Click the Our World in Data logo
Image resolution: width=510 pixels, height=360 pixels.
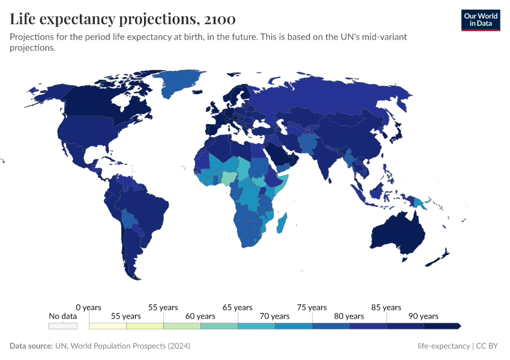tap(480, 20)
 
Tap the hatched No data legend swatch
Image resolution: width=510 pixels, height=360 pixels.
tap(63, 326)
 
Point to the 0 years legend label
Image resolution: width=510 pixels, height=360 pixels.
tap(89, 308)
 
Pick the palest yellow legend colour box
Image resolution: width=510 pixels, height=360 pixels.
tap(108, 326)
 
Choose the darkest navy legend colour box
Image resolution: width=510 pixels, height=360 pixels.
tap(442, 326)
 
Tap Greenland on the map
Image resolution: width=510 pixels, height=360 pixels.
tap(180, 84)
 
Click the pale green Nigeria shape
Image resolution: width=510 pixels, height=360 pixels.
tap(230, 177)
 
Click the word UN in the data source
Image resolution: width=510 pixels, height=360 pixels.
tap(61, 346)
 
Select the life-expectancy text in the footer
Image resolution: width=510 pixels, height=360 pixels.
tap(444, 346)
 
